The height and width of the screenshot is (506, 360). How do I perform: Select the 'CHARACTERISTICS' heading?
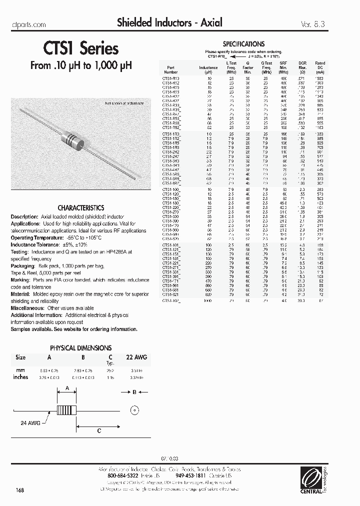(x=81, y=207)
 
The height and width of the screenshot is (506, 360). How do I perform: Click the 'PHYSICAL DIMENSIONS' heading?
(x=81, y=347)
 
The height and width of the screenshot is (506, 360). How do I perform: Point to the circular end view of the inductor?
(x=133, y=410)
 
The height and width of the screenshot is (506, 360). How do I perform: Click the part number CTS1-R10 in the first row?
(x=170, y=78)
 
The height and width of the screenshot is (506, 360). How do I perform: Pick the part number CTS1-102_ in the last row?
(x=171, y=301)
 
